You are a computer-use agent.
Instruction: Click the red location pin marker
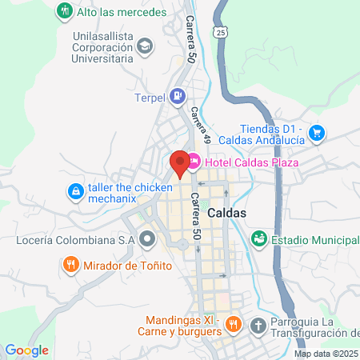(x=181, y=162)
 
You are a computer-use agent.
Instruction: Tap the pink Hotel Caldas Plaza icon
(x=194, y=162)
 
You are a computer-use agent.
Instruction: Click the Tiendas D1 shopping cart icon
(x=317, y=132)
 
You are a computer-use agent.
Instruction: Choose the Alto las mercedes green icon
(x=64, y=12)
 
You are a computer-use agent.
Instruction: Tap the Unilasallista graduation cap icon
(x=144, y=46)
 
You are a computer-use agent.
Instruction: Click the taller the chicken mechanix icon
(x=75, y=191)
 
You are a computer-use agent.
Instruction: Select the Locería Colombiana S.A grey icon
(x=147, y=238)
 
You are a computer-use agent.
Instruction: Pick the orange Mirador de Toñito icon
(x=70, y=263)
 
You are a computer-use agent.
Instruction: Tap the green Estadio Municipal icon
(x=258, y=238)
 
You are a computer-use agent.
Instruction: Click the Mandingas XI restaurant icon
(x=234, y=324)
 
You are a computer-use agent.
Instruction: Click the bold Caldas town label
(x=226, y=214)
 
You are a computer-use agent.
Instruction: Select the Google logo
(x=26, y=350)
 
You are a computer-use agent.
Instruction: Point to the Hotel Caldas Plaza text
(x=251, y=163)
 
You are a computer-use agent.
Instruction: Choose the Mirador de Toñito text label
(x=125, y=263)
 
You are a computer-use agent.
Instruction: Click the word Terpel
(x=149, y=98)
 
